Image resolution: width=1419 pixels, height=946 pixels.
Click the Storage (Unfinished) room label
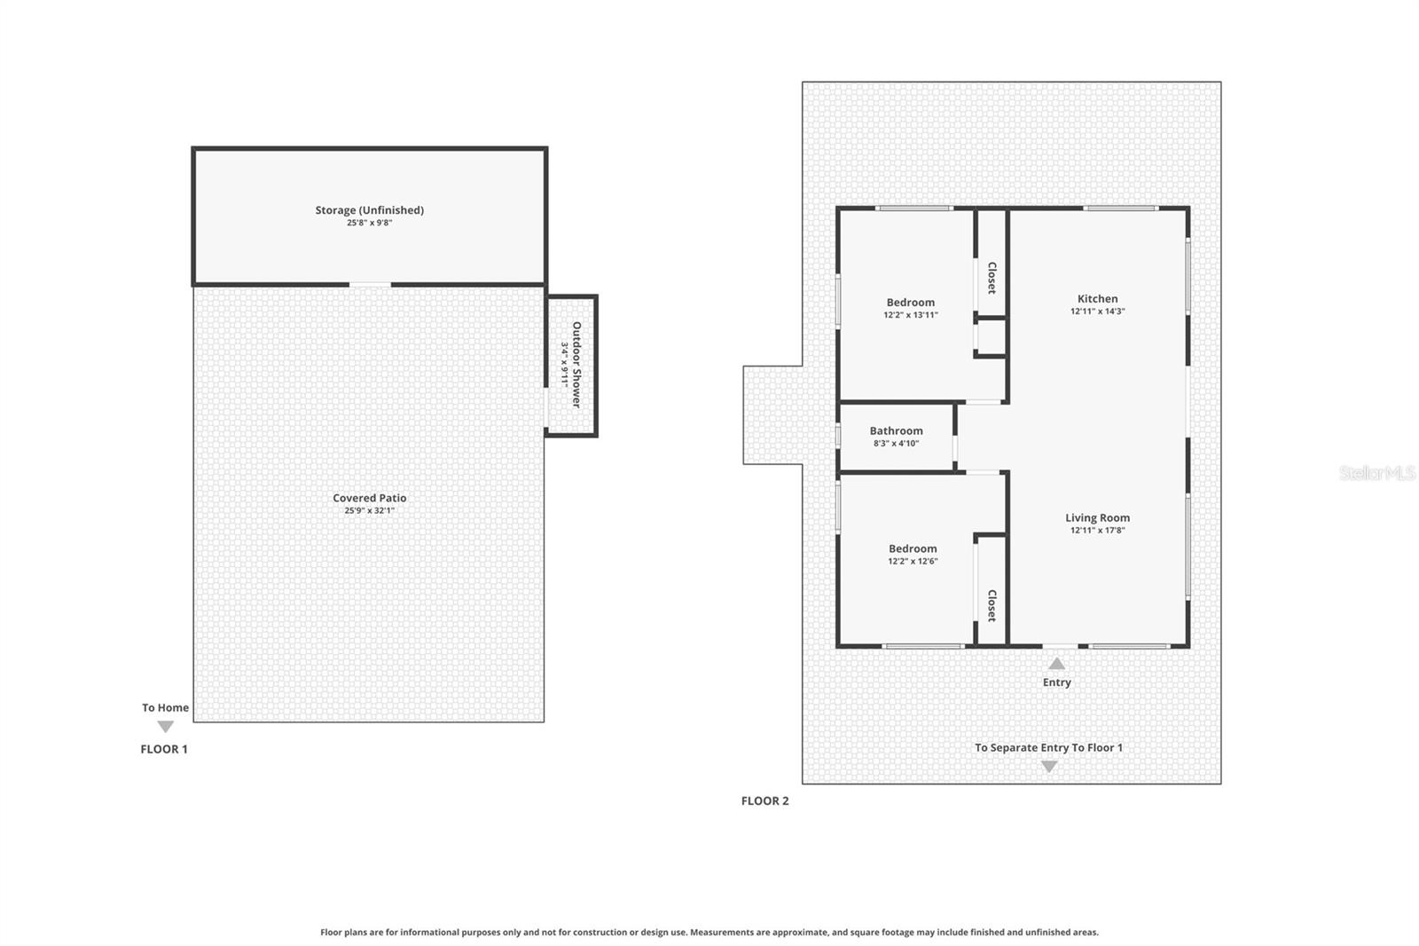[369, 210]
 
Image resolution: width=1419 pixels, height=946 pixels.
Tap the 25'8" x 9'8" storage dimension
[369, 224]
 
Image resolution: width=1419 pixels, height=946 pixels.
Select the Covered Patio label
[369, 498]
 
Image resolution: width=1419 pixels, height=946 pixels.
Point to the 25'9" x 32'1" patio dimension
[369, 511]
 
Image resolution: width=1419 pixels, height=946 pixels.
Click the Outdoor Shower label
[576, 365]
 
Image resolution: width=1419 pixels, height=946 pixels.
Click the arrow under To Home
[165, 727]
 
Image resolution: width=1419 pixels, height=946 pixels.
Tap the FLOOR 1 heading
[164, 749]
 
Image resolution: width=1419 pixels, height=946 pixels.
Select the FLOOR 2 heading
[764, 800]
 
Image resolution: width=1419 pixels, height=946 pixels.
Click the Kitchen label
[1097, 299]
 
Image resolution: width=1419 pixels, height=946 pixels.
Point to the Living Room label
[1097, 517]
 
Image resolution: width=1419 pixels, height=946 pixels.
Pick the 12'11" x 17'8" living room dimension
[1097, 531]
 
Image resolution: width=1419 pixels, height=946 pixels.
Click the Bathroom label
[896, 430]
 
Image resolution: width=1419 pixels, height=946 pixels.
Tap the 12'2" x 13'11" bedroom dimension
[910, 315]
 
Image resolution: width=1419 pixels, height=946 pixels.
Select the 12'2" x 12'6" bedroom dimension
[913, 562]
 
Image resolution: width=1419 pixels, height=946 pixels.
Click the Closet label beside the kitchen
[992, 278]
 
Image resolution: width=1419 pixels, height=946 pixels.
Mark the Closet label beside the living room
[992, 605]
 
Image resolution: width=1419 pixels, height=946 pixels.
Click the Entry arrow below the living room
[1056, 663]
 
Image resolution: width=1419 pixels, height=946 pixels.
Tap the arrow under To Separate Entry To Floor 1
[1049, 767]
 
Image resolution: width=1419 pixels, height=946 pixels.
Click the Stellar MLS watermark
[1377, 473]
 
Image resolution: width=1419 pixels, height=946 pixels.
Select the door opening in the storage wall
[370, 285]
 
